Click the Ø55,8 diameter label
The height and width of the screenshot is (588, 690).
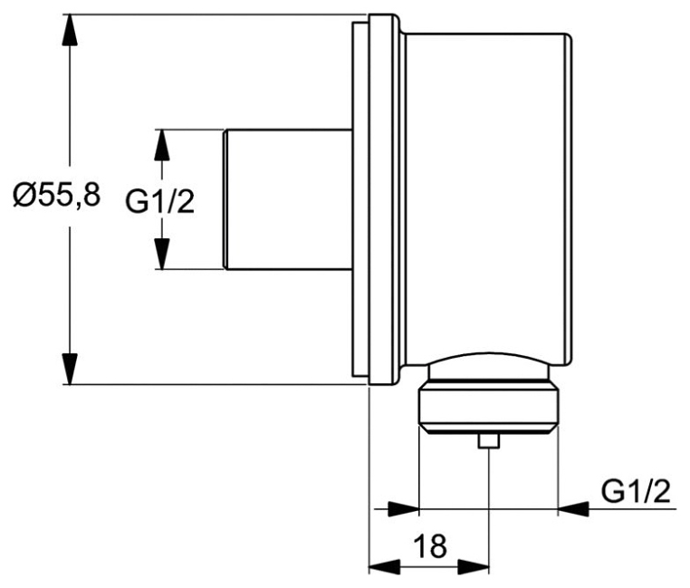tap(57, 196)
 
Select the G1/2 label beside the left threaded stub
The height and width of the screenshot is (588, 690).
tap(159, 202)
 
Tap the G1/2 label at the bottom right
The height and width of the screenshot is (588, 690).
tap(636, 492)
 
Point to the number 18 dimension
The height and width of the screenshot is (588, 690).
tap(430, 545)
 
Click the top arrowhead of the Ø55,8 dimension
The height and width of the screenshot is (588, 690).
tap(70, 30)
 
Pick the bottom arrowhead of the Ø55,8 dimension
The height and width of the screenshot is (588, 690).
tap(70, 369)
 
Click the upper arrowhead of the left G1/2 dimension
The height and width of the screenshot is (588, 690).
tap(162, 145)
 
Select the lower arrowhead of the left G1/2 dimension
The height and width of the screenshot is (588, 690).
tap(162, 254)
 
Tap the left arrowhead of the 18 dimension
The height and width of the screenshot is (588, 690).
tap(384, 566)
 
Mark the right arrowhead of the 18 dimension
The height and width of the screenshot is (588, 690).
tap(474, 566)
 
